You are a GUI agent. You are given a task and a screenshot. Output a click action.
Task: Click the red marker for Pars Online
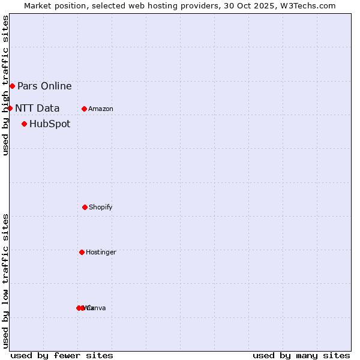[x=12, y=86]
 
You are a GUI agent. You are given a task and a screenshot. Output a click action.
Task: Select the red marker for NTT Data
[x=10, y=108]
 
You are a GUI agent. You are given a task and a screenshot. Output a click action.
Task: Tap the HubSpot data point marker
[x=24, y=124]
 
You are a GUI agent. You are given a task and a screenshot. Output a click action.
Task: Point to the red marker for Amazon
[x=84, y=109]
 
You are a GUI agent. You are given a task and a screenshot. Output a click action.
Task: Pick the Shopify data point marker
[x=85, y=207]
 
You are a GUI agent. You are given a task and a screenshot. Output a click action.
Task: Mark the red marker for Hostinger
[x=82, y=252]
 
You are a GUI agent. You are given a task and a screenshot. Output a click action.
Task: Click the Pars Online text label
[x=44, y=86]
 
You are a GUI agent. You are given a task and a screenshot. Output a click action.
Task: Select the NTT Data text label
[x=37, y=108]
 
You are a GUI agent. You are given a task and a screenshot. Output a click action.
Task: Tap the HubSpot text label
[x=50, y=124]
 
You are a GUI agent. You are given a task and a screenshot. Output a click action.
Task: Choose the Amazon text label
[x=101, y=109]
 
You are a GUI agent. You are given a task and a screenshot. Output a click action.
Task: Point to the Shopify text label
[x=101, y=207]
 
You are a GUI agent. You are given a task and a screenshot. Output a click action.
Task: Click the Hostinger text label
[x=101, y=252]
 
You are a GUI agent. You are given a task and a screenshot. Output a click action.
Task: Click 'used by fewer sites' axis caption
[x=62, y=355]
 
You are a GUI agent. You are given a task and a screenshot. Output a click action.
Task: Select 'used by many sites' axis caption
[x=301, y=355]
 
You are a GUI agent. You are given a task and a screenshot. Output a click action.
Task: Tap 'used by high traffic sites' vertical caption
[x=5, y=85]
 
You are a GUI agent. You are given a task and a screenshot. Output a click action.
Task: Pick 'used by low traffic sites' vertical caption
[x=5, y=281]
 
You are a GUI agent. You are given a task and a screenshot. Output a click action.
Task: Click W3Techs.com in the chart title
[x=306, y=5]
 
